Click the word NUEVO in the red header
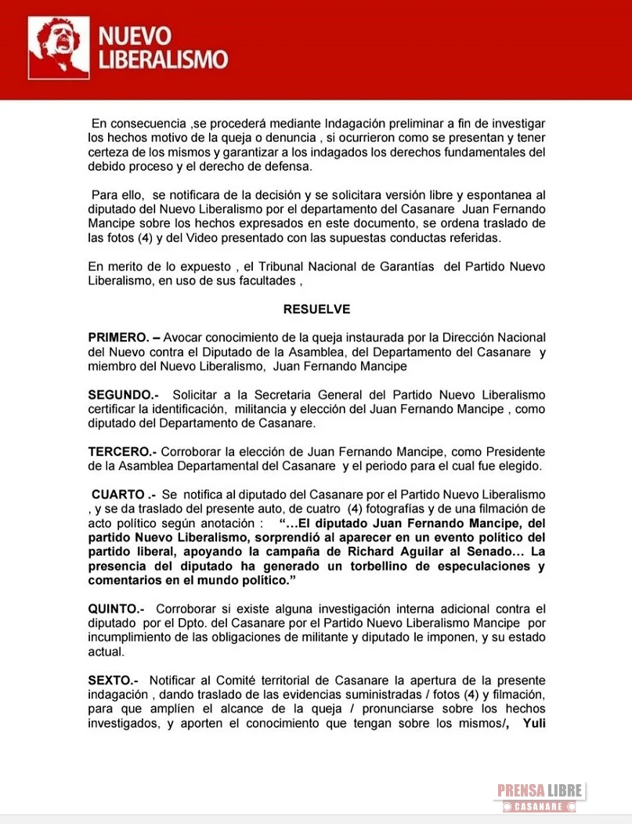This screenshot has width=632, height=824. (x=134, y=35)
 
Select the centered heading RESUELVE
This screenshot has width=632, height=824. (x=316, y=309)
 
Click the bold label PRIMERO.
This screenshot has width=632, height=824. (x=117, y=337)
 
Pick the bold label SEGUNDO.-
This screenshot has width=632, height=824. (x=123, y=394)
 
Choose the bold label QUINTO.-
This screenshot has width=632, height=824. (x=118, y=609)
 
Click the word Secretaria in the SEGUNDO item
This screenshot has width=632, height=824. (x=273, y=394)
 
